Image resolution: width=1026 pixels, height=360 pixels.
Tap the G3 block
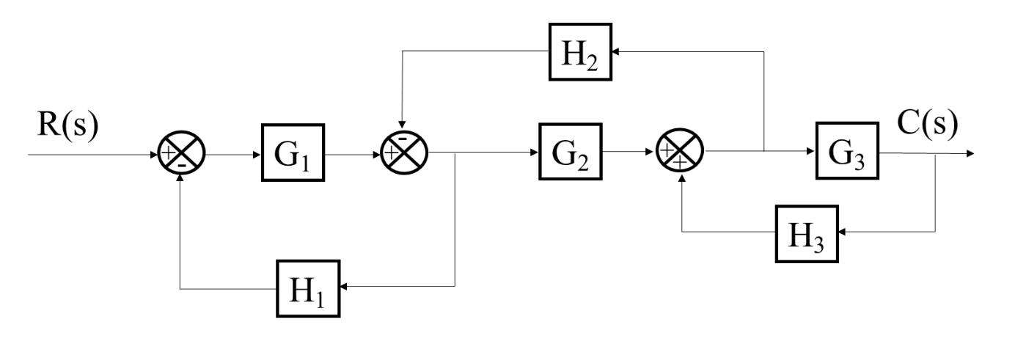point(847,155)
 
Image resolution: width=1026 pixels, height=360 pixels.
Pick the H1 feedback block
point(309,288)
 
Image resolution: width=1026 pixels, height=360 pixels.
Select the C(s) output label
point(928,125)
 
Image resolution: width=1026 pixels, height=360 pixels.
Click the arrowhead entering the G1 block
point(257,155)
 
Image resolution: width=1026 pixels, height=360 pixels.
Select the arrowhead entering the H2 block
point(617,52)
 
